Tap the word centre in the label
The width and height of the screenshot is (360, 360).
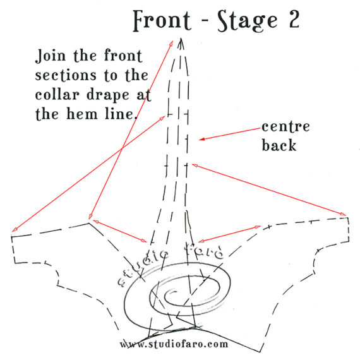[x=285, y=127]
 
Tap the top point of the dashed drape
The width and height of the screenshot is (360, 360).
[x=181, y=40]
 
